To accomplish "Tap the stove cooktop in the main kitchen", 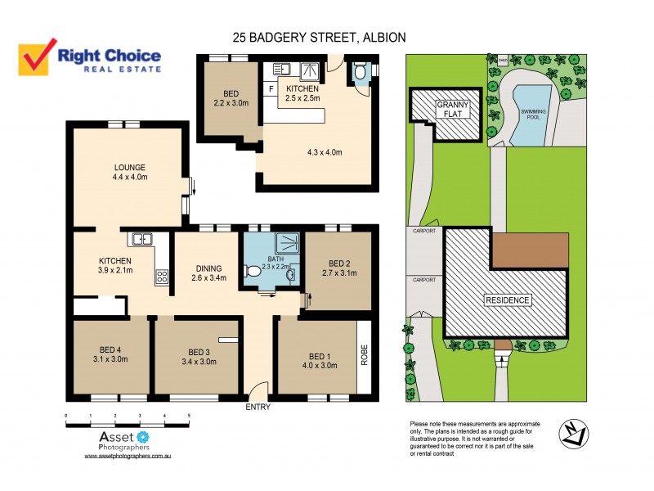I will (162, 277).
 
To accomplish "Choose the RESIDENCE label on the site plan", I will (507, 300).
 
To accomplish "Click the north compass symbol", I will (572, 434).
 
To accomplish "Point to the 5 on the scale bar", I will (190, 417).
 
